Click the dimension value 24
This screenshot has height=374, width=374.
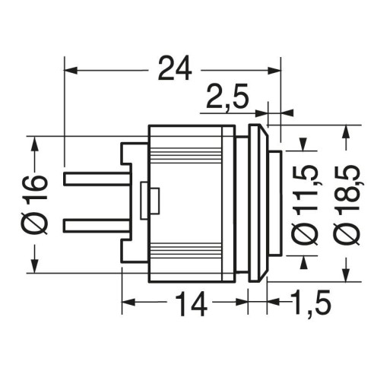click(175, 69)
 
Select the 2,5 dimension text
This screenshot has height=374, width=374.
click(227, 97)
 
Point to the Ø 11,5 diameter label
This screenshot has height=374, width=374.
click(305, 205)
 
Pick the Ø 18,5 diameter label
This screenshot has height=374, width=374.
click(347, 204)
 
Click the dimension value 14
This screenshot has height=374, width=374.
click(190, 303)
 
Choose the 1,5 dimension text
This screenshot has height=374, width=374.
click(310, 303)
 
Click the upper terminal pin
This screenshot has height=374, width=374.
click(97, 178)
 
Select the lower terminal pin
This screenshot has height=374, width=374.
click(97, 226)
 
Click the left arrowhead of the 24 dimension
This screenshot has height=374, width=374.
click(71, 70)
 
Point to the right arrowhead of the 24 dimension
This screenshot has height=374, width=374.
click(274, 70)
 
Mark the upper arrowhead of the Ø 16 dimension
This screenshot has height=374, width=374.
click(35, 144)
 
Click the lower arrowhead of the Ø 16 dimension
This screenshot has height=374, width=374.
click(35, 266)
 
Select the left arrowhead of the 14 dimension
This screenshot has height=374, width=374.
click(128, 303)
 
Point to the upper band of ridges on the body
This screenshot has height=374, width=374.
click(185, 157)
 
